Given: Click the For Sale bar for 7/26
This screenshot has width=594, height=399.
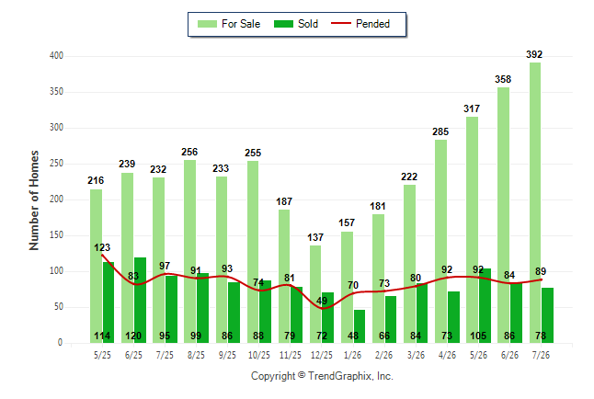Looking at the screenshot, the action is [535, 203].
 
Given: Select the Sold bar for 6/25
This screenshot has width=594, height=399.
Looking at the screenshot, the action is [140, 300].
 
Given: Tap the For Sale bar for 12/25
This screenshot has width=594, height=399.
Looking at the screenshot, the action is [315, 294].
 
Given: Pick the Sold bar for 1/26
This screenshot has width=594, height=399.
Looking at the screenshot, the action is [360, 326].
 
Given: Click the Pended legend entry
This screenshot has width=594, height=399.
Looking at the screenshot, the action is [360, 24].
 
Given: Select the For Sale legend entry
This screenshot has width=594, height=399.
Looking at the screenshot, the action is [229, 24].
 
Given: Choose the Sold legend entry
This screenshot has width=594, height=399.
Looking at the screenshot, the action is [296, 24].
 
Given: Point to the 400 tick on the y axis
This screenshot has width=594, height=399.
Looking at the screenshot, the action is [56, 56].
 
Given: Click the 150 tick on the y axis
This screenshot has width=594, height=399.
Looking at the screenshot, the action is [56, 235].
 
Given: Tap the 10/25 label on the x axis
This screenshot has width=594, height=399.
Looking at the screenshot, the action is [259, 355].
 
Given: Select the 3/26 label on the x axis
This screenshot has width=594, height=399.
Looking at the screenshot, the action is [416, 355].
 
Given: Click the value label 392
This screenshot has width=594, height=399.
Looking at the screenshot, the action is [534, 54].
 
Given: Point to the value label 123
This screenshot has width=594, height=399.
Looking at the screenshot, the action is [102, 247].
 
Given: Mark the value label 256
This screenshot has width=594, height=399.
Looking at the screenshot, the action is [189, 152].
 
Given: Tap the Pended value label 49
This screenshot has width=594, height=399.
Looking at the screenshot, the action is [322, 301].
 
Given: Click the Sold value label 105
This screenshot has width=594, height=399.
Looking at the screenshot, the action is [478, 336].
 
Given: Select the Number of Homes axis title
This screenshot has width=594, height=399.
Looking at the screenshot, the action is [34, 200].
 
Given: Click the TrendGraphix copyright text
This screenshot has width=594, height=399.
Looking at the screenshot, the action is [322, 376].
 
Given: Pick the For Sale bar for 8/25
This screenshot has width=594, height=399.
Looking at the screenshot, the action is [189, 252].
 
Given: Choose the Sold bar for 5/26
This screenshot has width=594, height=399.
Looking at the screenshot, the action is [485, 306].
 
